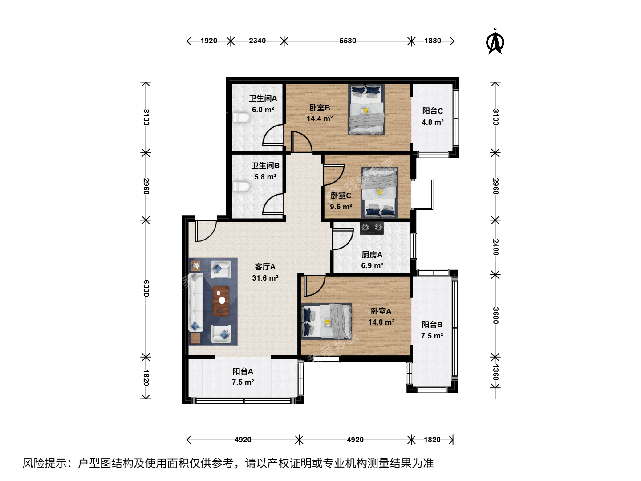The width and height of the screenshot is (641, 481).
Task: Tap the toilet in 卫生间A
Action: [241, 118]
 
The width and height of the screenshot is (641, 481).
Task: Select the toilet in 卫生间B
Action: [242, 186]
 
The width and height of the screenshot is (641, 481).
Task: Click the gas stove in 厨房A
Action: [371, 228]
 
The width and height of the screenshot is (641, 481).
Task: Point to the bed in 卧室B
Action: [366, 110]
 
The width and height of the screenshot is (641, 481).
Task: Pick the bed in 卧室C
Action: [379, 193]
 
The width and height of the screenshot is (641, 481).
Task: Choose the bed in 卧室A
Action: [326, 321]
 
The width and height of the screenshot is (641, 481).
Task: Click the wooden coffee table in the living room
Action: [221, 301]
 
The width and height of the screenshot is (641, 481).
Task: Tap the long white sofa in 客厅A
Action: [196, 302]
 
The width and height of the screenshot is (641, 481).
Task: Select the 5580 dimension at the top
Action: [348, 41]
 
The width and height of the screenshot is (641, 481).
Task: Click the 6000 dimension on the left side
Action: [146, 288]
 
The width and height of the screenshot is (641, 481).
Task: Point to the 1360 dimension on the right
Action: [495, 372]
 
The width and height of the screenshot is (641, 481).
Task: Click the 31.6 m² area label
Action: [265, 278]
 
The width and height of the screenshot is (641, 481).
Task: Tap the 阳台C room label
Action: [433, 111]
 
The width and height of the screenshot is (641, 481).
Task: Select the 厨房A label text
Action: [372, 255]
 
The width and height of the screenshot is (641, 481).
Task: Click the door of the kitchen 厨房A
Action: [343, 240]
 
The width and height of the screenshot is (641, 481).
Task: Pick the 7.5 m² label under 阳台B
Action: [432, 336]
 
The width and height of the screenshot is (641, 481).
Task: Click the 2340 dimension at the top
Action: [257, 41]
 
